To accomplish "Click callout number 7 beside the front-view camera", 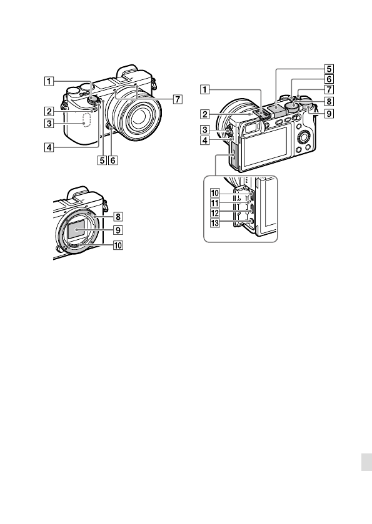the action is click(x=178, y=99).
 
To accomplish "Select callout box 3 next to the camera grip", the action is click(x=49, y=124).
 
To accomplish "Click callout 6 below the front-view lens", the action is click(x=113, y=161).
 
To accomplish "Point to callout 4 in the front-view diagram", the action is click(x=49, y=147).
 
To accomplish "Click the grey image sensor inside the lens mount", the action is click(x=76, y=230).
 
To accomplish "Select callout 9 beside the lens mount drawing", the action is click(x=118, y=230).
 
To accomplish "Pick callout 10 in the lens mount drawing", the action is click(x=118, y=245).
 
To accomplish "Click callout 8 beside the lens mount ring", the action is click(x=118, y=217).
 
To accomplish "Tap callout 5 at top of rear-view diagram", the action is click(x=329, y=69).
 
